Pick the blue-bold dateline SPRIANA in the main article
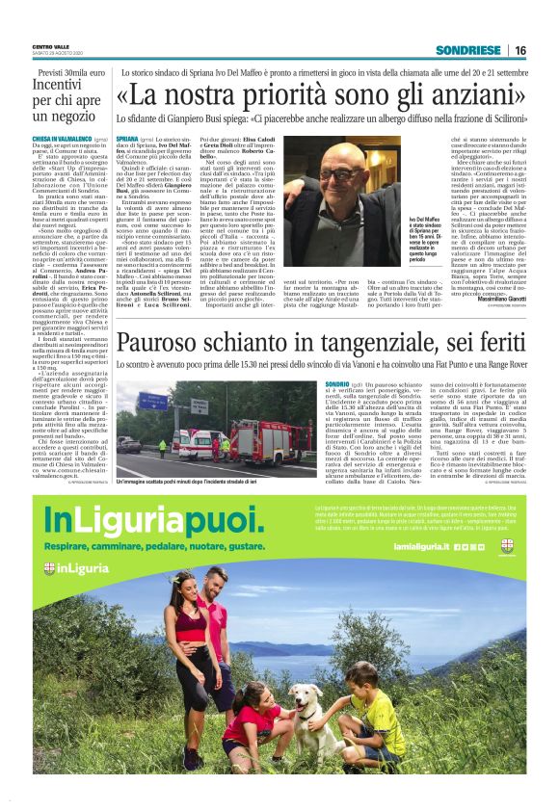coord(128,140)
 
